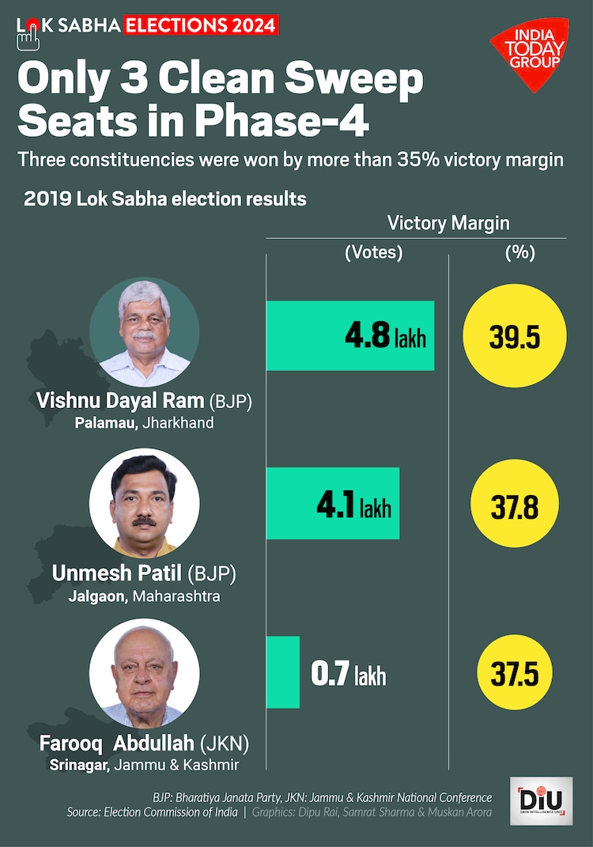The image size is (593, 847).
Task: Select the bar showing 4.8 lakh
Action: tap(350, 335)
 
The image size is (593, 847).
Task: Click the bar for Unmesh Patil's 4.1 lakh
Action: tap(333, 504)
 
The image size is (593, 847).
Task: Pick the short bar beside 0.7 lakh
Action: tap(283, 672)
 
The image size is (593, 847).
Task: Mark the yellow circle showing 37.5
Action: tap(514, 675)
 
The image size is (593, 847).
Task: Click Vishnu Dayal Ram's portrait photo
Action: tap(144, 332)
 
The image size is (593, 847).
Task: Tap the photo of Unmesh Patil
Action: tap(144, 503)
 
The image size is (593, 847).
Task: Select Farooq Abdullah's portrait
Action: tap(144, 673)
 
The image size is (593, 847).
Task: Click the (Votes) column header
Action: tap(373, 253)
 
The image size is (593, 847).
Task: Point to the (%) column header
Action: tap(519, 253)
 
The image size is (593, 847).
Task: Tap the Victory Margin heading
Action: tap(448, 223)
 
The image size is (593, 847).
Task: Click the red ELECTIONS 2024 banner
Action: tap(201, 25)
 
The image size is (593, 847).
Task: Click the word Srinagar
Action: tap(79, 766)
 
